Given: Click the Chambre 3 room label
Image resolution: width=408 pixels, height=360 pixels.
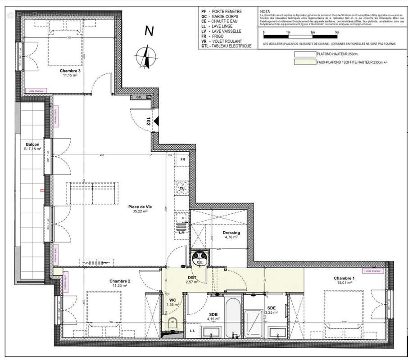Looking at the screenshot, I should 70,71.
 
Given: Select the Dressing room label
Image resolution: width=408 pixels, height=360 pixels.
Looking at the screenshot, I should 231,233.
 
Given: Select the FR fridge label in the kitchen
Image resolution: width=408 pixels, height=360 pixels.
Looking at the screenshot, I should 183,160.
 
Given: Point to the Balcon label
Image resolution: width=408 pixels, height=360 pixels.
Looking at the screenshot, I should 32,144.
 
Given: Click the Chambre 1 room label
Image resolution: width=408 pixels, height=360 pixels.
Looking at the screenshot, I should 344,278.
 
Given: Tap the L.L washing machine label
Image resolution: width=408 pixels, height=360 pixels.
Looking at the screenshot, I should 193,331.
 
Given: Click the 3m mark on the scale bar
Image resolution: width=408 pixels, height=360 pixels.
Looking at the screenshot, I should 336,33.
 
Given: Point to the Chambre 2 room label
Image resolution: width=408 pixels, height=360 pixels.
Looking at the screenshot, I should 119,281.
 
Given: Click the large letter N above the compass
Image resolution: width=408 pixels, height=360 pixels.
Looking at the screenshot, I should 149,31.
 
